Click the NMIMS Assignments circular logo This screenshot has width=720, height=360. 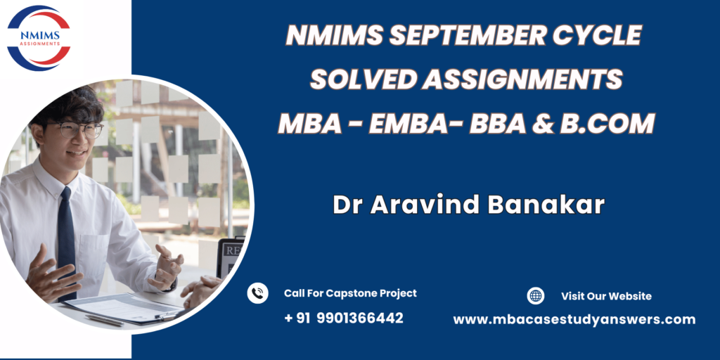click(x=39, y=38)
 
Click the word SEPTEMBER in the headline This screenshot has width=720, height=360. click(x=465, y=35)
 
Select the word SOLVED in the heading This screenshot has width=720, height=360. click(x=363, y=79)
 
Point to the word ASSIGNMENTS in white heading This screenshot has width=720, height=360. click(x=522, y=79)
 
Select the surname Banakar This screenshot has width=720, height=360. click(x=546, y=205)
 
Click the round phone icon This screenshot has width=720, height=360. click(x=257, y=293)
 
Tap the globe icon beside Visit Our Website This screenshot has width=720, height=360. click(x=535, y=296)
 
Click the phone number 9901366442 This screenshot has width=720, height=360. click(x=360, y=318)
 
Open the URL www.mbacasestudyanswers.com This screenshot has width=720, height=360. click(x=574, y=320)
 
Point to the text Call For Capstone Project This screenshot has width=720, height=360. click(x=350, y=293)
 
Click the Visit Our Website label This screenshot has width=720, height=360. click(x=606, y=296)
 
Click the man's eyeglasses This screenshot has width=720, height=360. click(x=76, y=129)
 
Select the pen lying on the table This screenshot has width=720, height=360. click(x=105, y=321)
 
